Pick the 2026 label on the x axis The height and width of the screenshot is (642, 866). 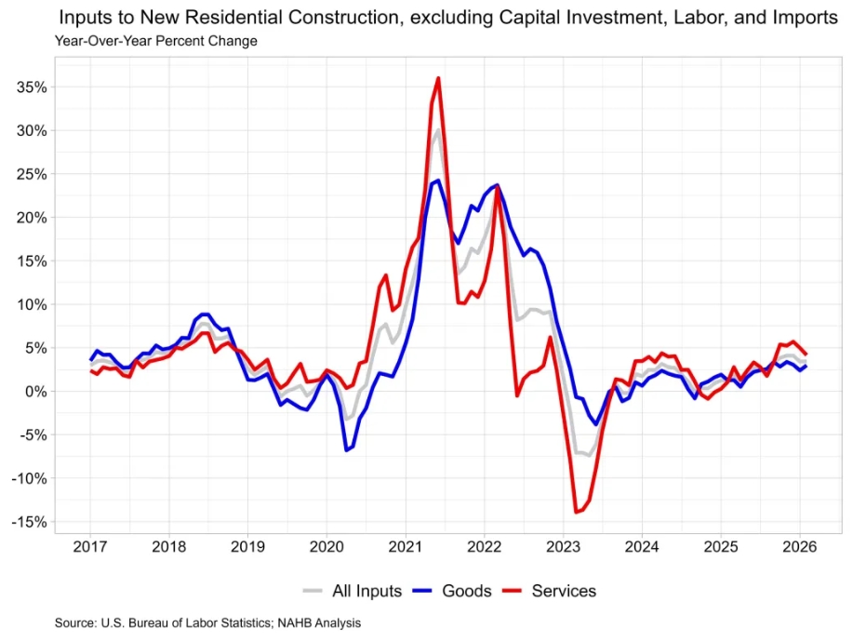coord(799,546)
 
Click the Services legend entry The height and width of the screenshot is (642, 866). coord(563,591)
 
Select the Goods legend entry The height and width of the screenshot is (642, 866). coord(466,591)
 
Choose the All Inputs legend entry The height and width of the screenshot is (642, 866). coord(366,591)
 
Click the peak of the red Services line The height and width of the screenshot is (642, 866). coord(438,78)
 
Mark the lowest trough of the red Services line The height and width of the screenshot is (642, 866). coord(577,512)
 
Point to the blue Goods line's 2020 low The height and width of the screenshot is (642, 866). coord(346,450)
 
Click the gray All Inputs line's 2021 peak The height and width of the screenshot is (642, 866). coord(438,129)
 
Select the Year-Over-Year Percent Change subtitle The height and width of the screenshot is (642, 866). coord(155,41)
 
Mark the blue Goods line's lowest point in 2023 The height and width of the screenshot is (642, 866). coord(596,424)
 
